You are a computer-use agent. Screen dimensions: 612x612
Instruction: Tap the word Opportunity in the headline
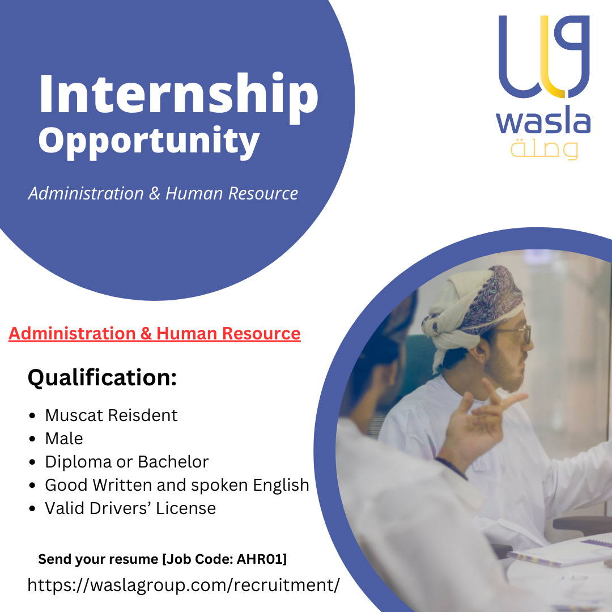tap(148, 142)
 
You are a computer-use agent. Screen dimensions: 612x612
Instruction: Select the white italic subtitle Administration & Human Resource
tap(163, 194)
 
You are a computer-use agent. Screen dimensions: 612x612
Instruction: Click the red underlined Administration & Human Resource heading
tap(155, 334)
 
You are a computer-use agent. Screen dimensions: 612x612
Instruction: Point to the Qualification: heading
tap(102, 378)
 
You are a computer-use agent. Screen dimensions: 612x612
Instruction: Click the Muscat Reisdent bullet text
tap(111, 415)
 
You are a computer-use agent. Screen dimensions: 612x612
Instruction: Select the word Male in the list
tap(64, 439)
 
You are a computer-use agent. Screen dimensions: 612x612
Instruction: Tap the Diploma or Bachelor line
tap(127, 462)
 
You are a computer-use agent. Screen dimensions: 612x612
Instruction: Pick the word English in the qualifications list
tap(281, 486)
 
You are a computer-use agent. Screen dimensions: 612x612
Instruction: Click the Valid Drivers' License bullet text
tap(130, 508)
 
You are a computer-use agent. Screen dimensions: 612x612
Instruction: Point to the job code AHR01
tap(260, 559)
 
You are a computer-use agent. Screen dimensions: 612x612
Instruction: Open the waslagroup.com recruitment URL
tap(184, 585)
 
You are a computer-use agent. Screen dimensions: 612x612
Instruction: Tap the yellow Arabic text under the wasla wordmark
tap(544, 150)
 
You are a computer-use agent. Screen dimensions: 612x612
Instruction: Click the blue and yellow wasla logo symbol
tap(544, 56)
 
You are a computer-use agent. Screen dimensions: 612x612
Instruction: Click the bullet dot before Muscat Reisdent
tap(32, 416)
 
